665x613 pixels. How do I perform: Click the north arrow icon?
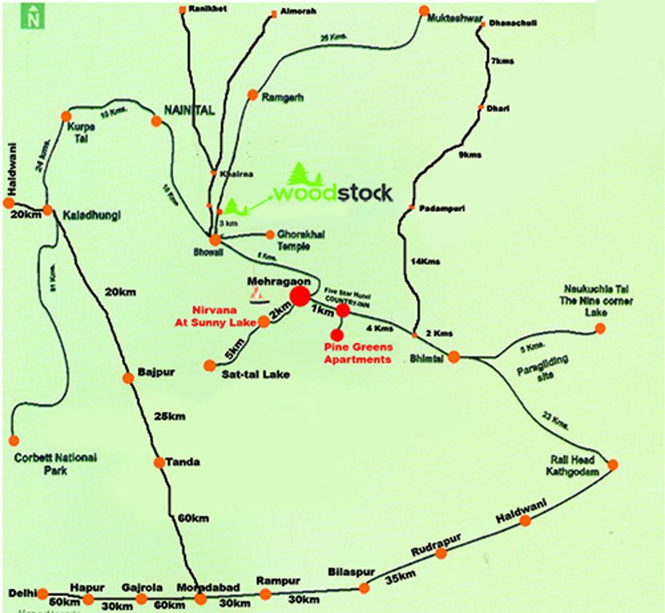[x=32, y=16]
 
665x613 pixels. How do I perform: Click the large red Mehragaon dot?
[x=299, y=297]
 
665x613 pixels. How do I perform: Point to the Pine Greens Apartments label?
[x=358, y=354]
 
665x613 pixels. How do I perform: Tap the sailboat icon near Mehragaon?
[x=257, y=296]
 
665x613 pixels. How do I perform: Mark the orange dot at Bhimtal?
[x=453, y=358]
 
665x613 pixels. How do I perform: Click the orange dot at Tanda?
[x=159, y=462]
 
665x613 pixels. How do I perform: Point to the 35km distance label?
[x=401, y=576]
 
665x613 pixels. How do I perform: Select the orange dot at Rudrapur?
[x=441, y=553]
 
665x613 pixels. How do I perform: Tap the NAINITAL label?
[x=190, y=110]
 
